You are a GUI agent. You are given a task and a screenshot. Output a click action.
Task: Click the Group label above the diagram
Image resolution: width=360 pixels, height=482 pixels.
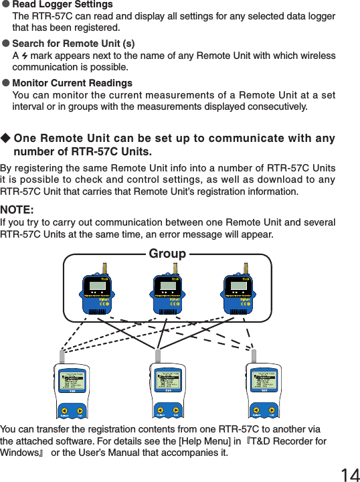click(x=167, y=254)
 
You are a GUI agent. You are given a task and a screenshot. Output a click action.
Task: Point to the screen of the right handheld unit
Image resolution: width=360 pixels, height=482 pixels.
click(x=264, y=382)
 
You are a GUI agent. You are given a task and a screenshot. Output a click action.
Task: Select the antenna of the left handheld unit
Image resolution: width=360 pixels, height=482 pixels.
click(x=61, y=355)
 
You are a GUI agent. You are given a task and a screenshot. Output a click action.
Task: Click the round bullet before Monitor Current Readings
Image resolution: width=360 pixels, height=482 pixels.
click(x=5, y=83)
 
